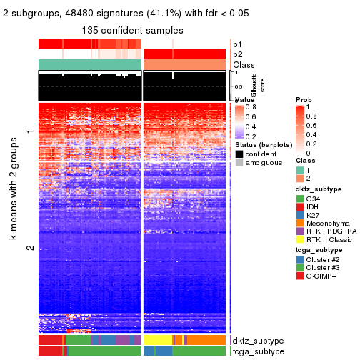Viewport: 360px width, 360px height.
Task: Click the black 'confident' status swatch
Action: (239, 154)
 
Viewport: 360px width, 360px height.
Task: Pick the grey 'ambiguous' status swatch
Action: (239, 162)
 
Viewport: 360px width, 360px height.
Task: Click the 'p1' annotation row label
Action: (237, 44)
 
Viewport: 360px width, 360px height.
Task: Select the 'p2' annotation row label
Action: (237, 54)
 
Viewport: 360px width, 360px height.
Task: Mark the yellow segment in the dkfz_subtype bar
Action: (157, 341)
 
